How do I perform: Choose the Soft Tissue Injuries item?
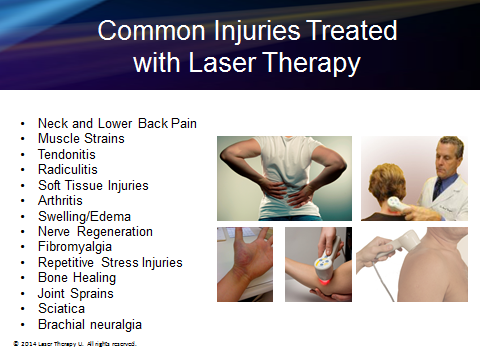[92, 185]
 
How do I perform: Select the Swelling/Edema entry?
[84, 216]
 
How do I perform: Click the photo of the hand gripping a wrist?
[245, 265]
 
